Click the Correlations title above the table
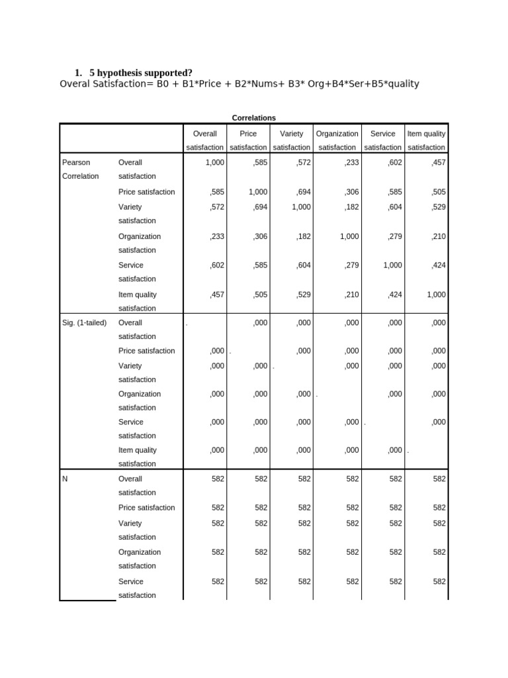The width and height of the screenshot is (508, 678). pos(254,118)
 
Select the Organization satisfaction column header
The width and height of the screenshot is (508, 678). pos(337,140)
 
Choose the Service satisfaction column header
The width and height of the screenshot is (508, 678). pos(383,140)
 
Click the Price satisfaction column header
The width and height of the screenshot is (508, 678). pos(248,140)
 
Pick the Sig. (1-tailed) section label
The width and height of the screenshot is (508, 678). pos(83,323)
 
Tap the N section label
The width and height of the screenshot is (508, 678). pos(65,479)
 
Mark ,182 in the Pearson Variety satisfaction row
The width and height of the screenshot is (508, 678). pos(351,207)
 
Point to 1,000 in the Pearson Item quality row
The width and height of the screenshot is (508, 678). pos(436,295)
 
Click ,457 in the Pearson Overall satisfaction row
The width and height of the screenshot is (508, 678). pos(438,162)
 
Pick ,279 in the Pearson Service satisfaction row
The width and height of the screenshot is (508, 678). pos(351,265)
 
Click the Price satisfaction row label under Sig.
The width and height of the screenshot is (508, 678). pos(147,351)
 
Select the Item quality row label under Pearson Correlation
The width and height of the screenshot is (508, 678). pos(138,301)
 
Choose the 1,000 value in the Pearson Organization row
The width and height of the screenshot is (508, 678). pos(349,236)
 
